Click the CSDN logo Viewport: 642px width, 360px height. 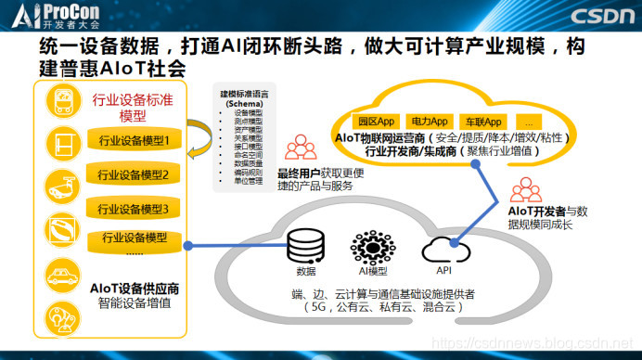[x=602, y=15]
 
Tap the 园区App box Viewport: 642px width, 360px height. [x=378, y=122]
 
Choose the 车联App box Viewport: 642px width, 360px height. [x=483, y=122]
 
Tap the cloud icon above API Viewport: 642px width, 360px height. [x=442, y=249]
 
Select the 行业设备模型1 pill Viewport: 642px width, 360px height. [x=135, y=141]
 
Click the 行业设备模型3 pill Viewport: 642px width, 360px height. [x=135, y=208]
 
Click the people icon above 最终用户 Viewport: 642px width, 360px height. [x=300, y=147]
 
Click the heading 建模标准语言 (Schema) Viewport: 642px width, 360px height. [x=244, y=99]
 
